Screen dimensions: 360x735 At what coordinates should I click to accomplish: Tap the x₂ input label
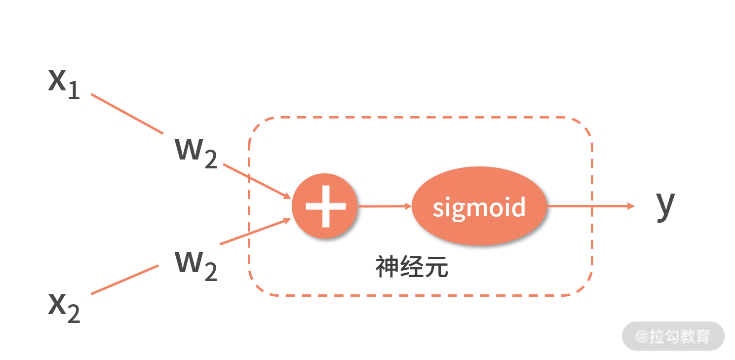coord(63,307)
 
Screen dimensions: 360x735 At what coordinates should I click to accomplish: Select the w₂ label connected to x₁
coord(196,152)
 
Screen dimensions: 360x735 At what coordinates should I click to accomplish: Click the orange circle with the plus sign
coord(324,206)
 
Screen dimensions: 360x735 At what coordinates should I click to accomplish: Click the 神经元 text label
coord(412,267)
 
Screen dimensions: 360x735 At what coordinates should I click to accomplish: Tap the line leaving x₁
coord(127,114)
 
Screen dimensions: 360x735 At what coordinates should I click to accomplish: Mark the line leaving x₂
coord(124,280)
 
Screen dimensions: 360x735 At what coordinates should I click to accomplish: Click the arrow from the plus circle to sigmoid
coord(384,206)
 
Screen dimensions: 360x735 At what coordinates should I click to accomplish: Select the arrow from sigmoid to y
coord(590,206)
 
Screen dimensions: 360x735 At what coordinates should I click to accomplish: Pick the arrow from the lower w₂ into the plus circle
coord(255,232)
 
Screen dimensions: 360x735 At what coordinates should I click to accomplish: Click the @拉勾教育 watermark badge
coord(672,336)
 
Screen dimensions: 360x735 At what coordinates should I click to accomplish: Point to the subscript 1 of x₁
coord(74,91)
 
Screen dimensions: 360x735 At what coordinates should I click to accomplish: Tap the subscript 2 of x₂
coord(73,314)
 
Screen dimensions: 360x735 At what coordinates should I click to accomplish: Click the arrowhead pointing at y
coord(630,206)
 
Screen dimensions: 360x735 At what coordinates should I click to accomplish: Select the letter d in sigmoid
coord(518,206)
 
